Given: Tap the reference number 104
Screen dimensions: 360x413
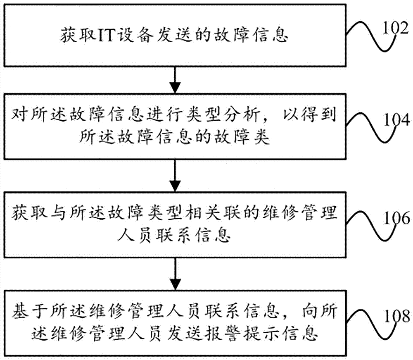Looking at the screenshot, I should coord(396,122).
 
